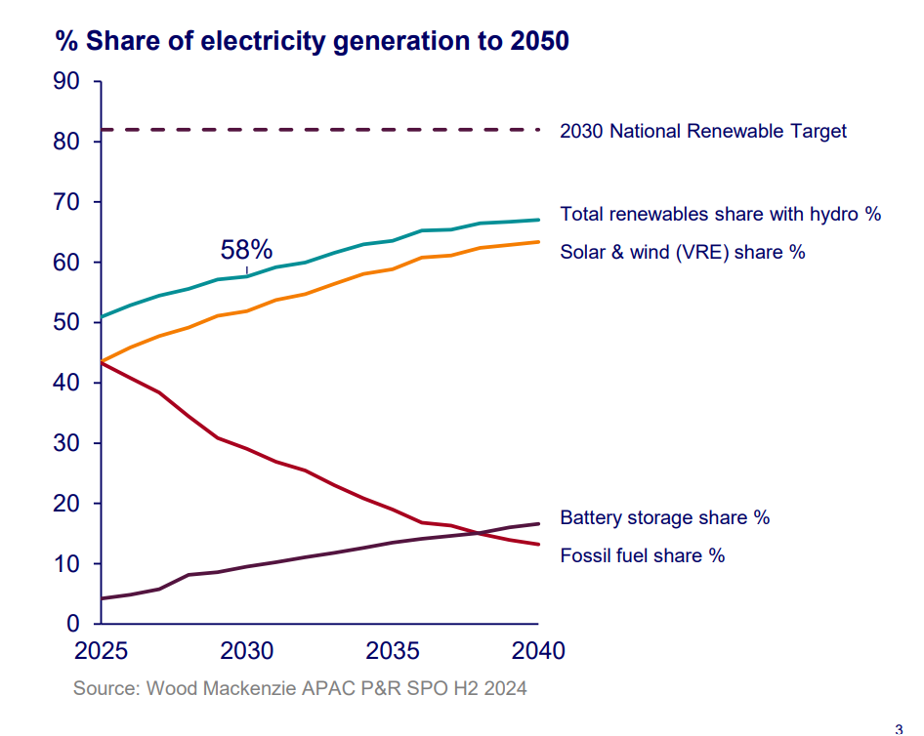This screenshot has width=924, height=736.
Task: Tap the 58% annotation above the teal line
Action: tap(246, 250)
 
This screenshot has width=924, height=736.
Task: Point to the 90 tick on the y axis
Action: tap(65, 82)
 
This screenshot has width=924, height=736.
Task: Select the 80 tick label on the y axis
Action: tap(65, 143)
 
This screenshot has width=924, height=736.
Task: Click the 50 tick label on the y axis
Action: tap(65, 323)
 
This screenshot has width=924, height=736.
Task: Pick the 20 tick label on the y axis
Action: tap(65, 504)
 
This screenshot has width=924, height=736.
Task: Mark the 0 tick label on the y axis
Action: tap(72, 625)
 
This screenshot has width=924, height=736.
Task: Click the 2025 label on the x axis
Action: tap(100, 650)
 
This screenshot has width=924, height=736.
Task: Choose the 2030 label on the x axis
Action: tap(246, 650)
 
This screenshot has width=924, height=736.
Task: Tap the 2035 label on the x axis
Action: tap(392, 650)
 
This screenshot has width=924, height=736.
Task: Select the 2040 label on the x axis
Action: tap(538, 650)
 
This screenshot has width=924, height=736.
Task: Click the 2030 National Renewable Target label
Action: tap(703, 131)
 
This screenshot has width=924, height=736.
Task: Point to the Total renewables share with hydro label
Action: tap(720, 214)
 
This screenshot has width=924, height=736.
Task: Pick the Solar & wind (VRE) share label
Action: tap(682, 252)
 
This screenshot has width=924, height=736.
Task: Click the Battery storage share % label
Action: tap(664, 517)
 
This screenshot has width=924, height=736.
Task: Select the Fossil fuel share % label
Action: tap(642, 556)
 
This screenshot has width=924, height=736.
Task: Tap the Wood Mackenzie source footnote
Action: tap(300, 688)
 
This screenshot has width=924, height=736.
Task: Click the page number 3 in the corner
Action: tap(899, 727)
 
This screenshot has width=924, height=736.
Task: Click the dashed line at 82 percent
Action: tap(322, 130)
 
